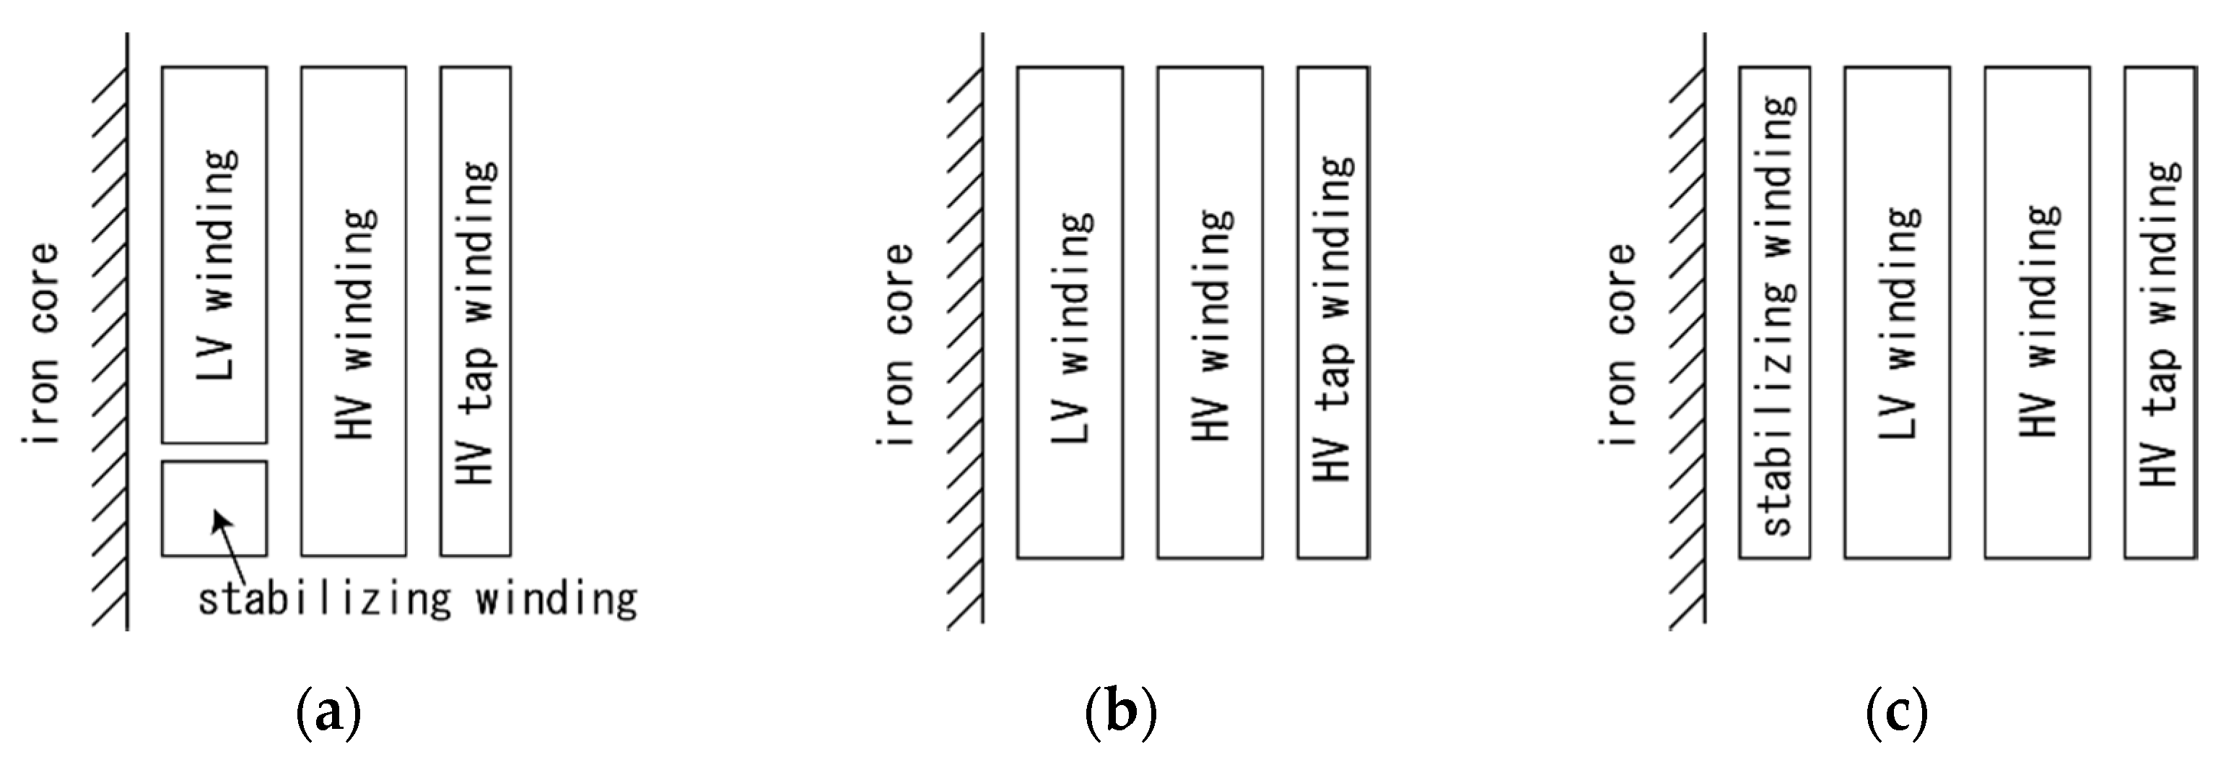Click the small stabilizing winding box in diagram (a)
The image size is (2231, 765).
pyautogui.click(x=214, y=508)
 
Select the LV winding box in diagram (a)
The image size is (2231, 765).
pyautogui.click(x=214, y=254)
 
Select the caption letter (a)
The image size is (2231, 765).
pyautogui.click(x=328, y=712)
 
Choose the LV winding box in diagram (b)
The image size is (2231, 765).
pyautogui.click(x=1070, y=312)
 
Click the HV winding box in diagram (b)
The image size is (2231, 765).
pyautogui.click(x=1210, y=312)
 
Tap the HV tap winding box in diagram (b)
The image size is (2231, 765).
pyautogui.click(x=1333, y=312)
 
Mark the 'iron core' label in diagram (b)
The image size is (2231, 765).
pyautogui.click(x=897, y=345)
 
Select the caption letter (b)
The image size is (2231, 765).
pyautogui.click(x=1122, y=712)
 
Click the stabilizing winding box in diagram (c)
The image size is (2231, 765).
pyautogui.click(x=1775, y=312)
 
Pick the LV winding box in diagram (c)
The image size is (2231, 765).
pyautogui.click(x=1897, y=312)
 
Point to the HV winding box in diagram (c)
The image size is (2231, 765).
pyautogui.click(x=2037, y=312)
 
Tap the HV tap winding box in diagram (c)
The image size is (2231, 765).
pyautogui.click(x=2160, y=312)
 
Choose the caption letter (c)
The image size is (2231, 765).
pyautogui.click(x=1897, y=712)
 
